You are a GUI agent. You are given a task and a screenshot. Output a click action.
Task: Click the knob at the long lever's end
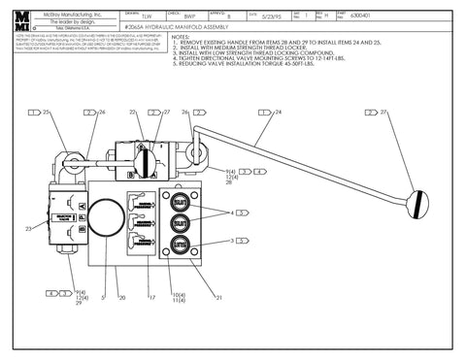tap(420, 205)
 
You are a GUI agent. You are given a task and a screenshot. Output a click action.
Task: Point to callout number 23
tap(30, 228)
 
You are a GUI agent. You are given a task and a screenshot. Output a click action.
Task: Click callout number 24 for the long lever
tap(278, 113)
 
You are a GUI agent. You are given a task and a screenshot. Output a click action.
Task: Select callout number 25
tap(45, 113)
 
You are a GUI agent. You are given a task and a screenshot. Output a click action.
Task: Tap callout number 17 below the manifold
tap(152, 296)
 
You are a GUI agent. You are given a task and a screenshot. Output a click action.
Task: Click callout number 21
tap(219, 296)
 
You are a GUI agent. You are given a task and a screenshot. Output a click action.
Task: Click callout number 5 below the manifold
tap(103, 296)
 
